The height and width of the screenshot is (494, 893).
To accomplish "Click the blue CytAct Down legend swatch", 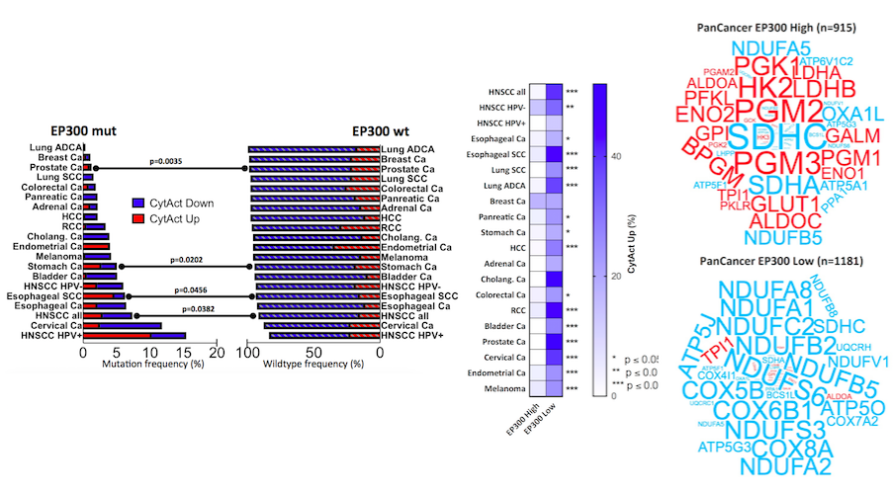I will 138,204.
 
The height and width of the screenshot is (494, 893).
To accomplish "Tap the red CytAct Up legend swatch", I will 138,217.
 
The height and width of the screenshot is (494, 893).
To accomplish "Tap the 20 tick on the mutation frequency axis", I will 216,351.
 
